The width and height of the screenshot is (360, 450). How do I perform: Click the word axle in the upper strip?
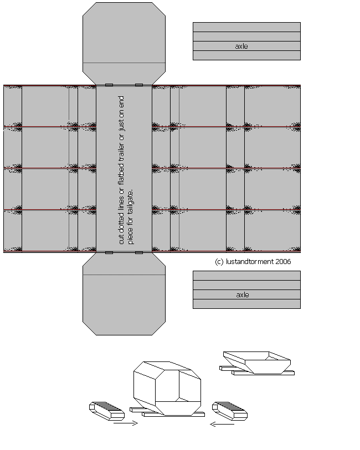[x=241, y=46]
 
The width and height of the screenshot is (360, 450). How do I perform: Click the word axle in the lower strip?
[x=243, y=294]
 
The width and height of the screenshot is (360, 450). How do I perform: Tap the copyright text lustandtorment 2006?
[x=259, y=261]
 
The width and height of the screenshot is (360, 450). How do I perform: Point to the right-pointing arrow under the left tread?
[x=126, y=423]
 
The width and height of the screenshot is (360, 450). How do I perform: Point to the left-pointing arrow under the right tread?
[x=222, y=424]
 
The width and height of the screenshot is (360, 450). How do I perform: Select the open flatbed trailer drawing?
[x=257, y=363]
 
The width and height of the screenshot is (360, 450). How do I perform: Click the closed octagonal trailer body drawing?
[x=167, y=389]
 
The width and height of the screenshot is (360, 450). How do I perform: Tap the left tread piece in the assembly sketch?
[x=107, y=411]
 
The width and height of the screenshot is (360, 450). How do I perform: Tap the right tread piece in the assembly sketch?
[x=230, y=411]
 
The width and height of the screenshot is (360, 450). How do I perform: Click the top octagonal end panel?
[x=124, y=44]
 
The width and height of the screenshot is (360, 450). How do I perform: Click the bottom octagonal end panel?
[x=124, y=293]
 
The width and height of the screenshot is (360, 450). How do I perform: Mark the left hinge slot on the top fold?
[x=109, y=85]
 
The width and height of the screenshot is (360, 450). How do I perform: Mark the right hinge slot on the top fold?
[x=139, y=85]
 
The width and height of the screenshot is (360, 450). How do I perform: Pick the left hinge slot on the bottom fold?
[x=109, y=252]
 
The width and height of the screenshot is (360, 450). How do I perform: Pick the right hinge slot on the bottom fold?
[x=139, y=252]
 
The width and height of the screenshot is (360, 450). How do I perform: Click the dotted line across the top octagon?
[x=124, y=63]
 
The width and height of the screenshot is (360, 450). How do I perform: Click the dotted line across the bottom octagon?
[x=124, y=275]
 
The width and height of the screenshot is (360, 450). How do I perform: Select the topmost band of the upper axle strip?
[x=246, y=27]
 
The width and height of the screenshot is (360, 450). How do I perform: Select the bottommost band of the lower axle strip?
[x=246, y=304]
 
